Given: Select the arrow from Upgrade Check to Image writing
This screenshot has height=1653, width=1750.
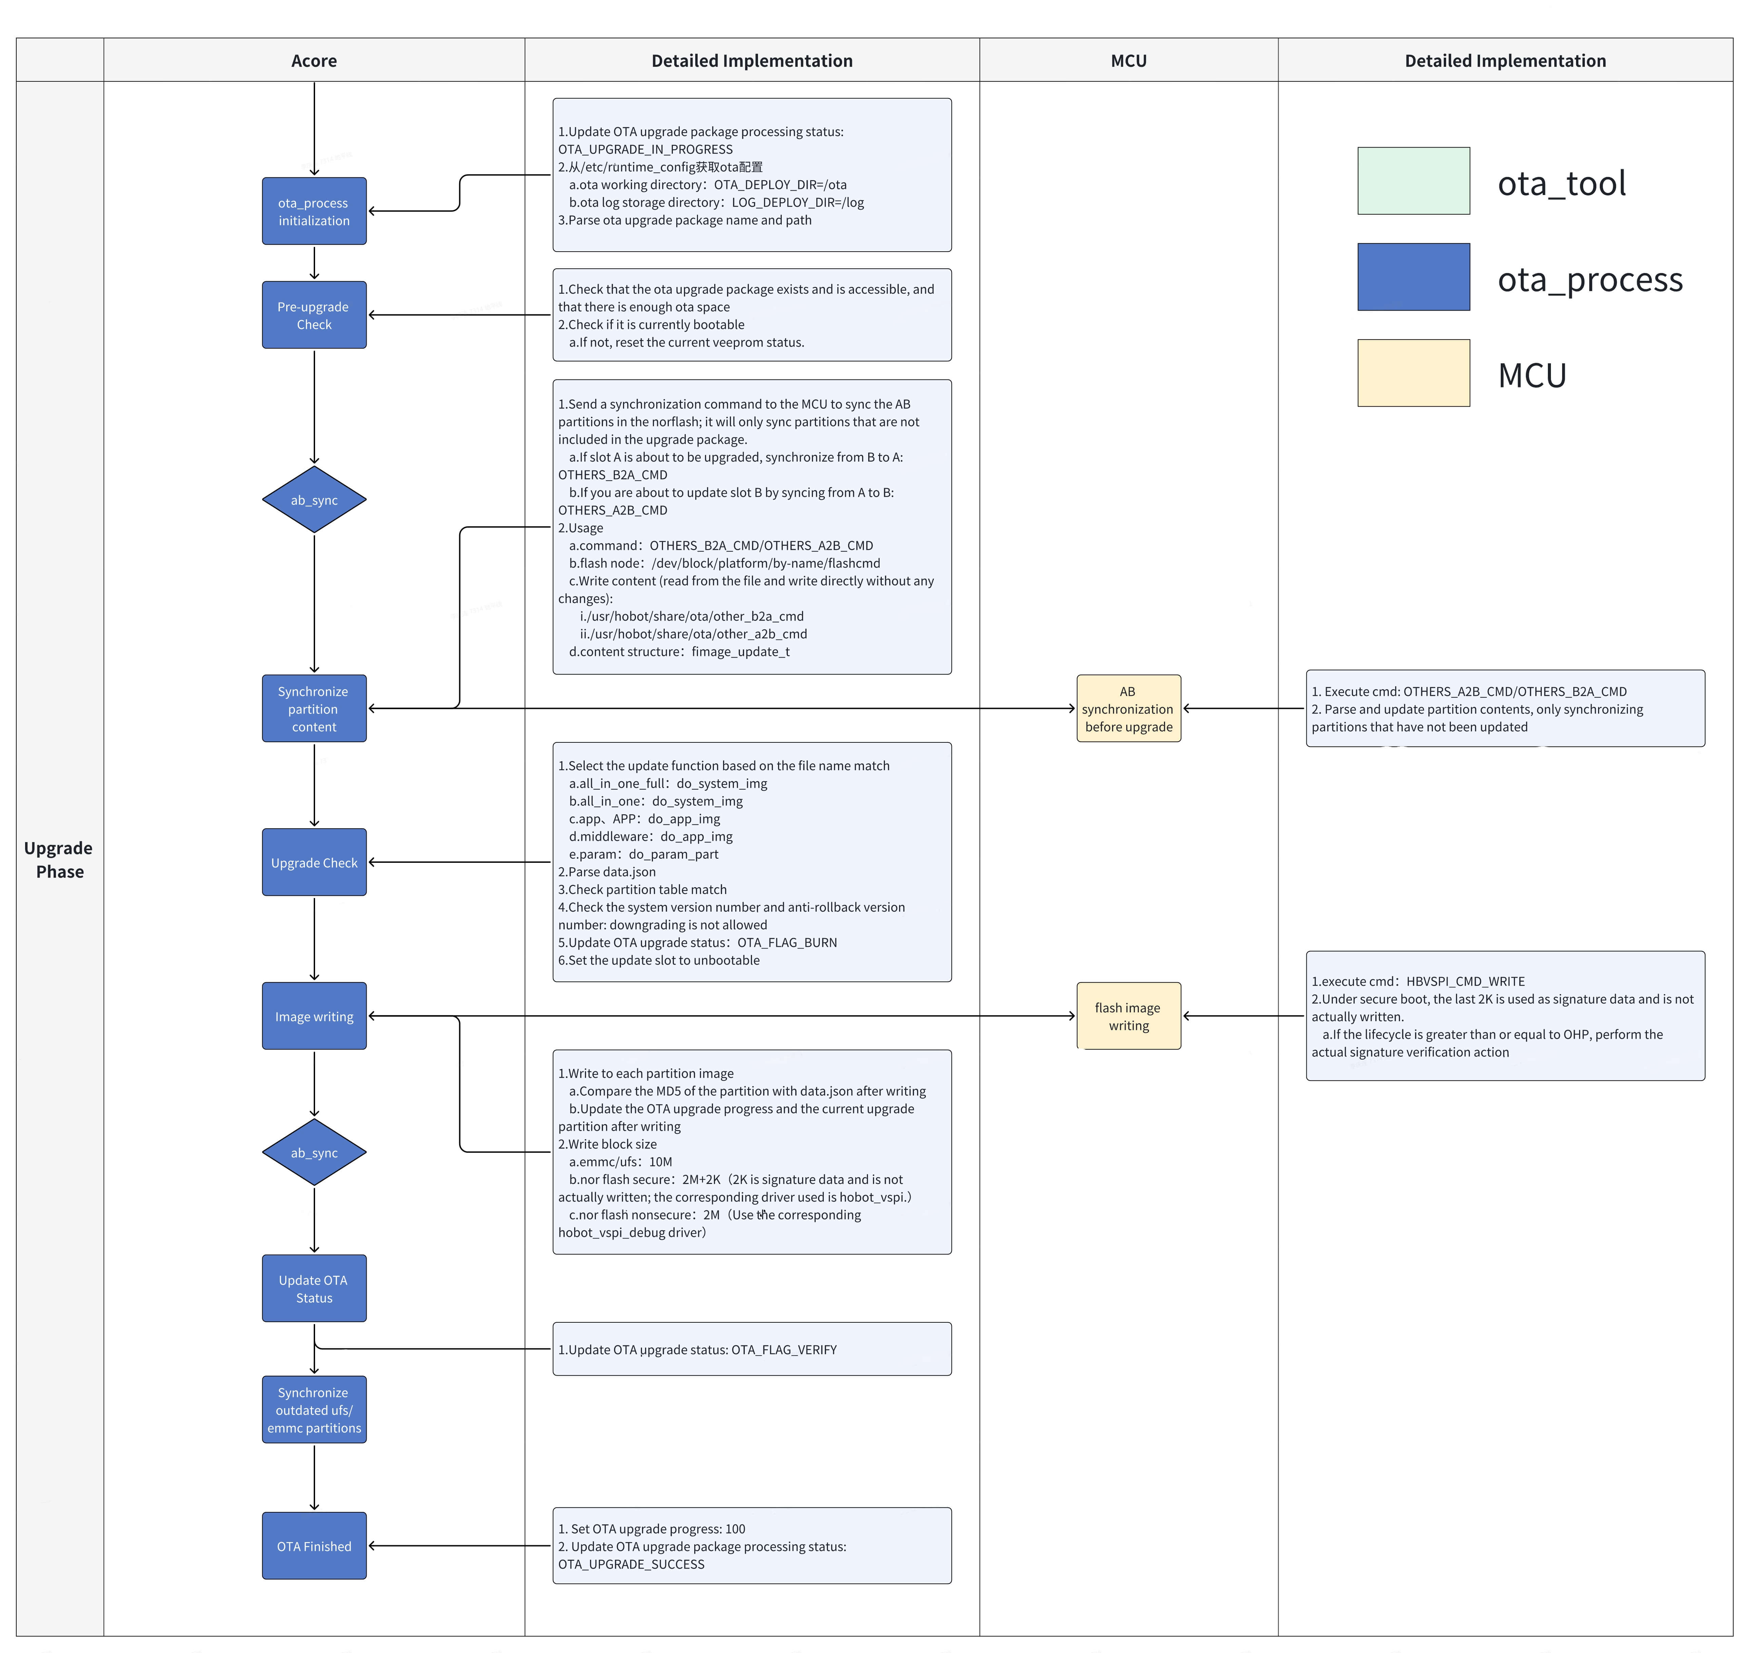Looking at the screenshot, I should [x=315, y=938].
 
